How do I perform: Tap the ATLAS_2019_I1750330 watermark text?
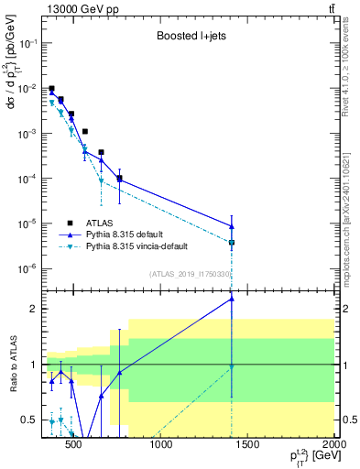189,274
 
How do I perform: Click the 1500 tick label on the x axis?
248,446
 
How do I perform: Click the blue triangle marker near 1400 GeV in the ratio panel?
232,299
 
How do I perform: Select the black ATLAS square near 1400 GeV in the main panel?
232,243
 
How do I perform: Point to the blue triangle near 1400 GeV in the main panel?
232,226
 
